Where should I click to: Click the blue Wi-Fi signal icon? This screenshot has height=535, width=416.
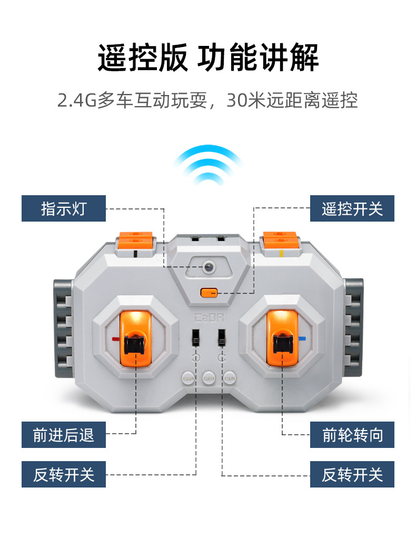[208, 165]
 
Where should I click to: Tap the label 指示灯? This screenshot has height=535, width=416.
[64, 208]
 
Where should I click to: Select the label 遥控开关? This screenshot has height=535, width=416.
[352, 208]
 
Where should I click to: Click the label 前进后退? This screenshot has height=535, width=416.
[64, 435]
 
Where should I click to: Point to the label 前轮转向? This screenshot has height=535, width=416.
[352, 435]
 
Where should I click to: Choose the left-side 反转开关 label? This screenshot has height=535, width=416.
[64, 474]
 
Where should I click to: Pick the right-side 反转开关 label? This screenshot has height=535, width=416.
[352, 474]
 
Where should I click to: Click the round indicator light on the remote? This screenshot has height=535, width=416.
[209, 267]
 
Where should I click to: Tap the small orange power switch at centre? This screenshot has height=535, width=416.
[209, 293]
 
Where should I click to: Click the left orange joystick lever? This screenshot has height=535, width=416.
[135, 338]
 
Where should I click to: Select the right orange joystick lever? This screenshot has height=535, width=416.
[282, 338]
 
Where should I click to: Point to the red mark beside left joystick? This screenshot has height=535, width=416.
[116, 339]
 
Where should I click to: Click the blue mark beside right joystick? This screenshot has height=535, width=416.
[302, 339]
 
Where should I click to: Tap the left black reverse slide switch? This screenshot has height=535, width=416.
[196, 338]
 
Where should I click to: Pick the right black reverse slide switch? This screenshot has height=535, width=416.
[222, 338]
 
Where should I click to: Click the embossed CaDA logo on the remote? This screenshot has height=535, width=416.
[209, 318]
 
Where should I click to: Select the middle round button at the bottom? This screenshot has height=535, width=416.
[209, 378]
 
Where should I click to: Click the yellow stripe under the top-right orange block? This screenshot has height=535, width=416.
[281, 253]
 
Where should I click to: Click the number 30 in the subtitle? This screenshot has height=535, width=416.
[236, 100]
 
